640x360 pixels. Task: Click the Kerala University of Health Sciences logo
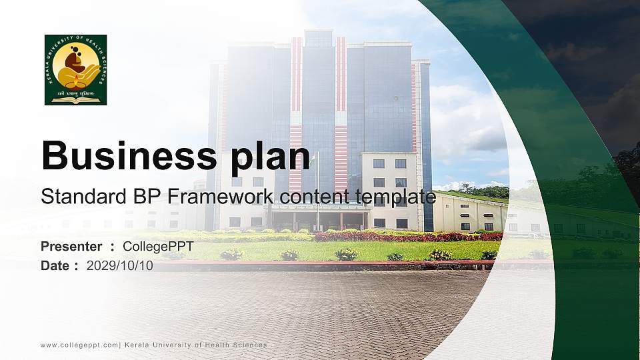(x=75, y=69)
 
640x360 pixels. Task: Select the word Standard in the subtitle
(x=75, y=197)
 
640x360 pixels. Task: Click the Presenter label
(x=71, y=247)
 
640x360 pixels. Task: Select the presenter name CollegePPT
(x=158, y=247)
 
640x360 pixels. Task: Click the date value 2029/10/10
(x=120, y=265)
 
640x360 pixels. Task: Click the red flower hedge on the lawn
(x=400, y=236)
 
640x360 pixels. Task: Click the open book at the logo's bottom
(x=75, y=100)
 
